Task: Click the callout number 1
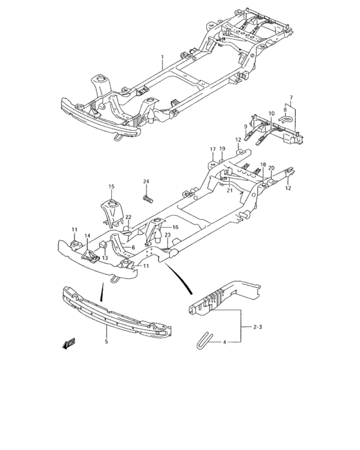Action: (162, 57)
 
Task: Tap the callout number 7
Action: (291, 98)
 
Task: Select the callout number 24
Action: (146, 181)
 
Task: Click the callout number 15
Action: (111, 187)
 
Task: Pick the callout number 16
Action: (174, 227)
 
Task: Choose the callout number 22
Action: (128, 217)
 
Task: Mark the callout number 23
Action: (166, 235)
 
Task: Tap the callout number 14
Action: (87, 236)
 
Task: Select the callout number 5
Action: (105, 341)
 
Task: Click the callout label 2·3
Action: (257, 327)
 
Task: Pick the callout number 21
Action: (230, 190)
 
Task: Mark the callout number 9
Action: (246, 126)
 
